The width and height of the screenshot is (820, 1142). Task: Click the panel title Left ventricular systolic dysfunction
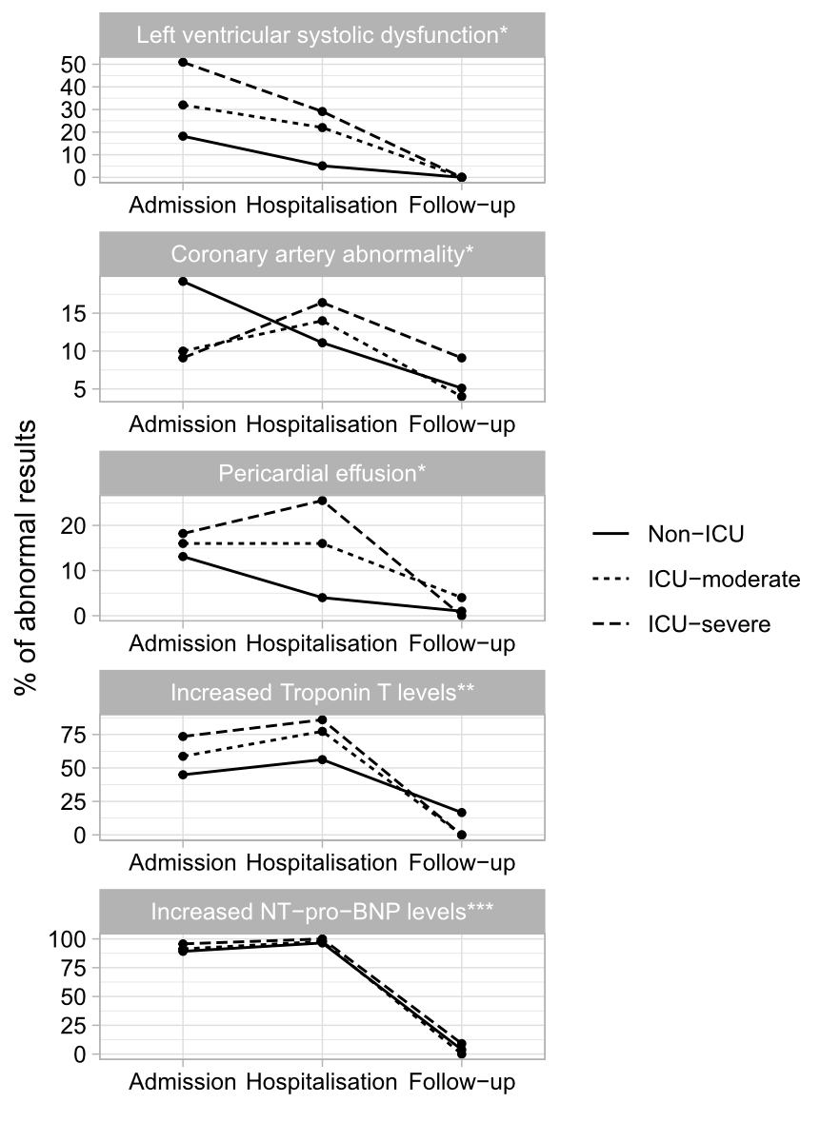click(x=322, y=35)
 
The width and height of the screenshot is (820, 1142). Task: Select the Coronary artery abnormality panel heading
click(x=322, y=254)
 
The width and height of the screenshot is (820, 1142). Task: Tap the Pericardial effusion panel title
click(x=322, y=474)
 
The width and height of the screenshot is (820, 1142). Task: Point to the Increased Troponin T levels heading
click(x=322, y=692)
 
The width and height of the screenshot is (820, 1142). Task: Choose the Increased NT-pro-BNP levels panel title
click(x=322, y=911)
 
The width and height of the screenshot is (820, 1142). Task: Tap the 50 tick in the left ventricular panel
click(x=75, y=64)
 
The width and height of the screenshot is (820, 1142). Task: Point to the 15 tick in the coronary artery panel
click(x=75, y=313)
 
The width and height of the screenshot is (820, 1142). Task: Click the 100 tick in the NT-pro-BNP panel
click(x=70, y=938)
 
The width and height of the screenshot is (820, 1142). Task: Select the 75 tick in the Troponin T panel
click(x=75, y=735)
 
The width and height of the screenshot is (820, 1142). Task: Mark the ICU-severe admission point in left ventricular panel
click(x=182, y=62)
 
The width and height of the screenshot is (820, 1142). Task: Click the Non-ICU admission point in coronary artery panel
click(x=182, y=281)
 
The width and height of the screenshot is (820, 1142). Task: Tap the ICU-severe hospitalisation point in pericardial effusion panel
click(x=322, y=501)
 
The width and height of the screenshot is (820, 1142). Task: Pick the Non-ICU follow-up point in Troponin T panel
click(x=462, y=812)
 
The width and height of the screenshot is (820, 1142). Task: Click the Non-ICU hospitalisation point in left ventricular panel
click(x=322, y=166)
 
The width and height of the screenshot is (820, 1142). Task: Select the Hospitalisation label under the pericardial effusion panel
click(x=322, y=643)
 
